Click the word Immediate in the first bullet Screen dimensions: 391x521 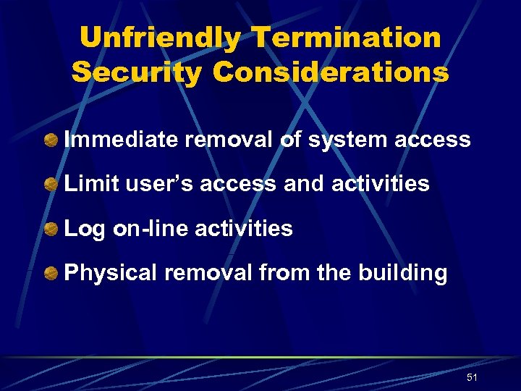[x=121, y=139]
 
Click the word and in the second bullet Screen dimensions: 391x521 [x=305, y=183]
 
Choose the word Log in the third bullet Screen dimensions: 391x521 [x=84, y=229]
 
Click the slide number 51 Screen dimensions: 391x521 [x=472, y=377]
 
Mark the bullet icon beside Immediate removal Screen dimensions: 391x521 [x=51, y=140]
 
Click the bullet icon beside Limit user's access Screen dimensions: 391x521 [x=51, y=185]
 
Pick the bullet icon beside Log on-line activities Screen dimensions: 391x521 [x=51, y=230]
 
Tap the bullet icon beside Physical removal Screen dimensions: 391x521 [x=51, y=274]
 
